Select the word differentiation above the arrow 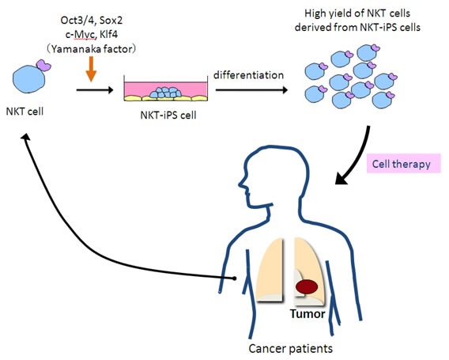(247, 74)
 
